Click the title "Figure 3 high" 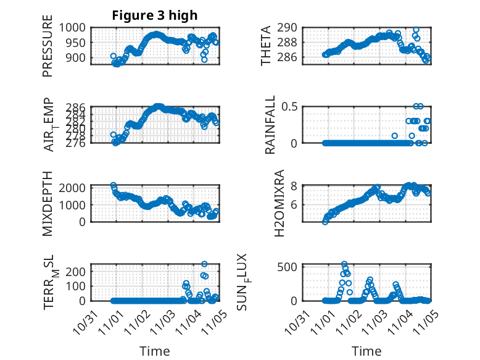click(155, 15)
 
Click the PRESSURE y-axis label click(48, 51)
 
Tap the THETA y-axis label click(266, 46)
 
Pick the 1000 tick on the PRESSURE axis click(75, 28)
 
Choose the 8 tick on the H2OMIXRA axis click(295, 186)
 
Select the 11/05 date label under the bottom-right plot click(423, 320)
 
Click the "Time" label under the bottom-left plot click(155, 351)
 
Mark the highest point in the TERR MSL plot click(204, 264)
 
